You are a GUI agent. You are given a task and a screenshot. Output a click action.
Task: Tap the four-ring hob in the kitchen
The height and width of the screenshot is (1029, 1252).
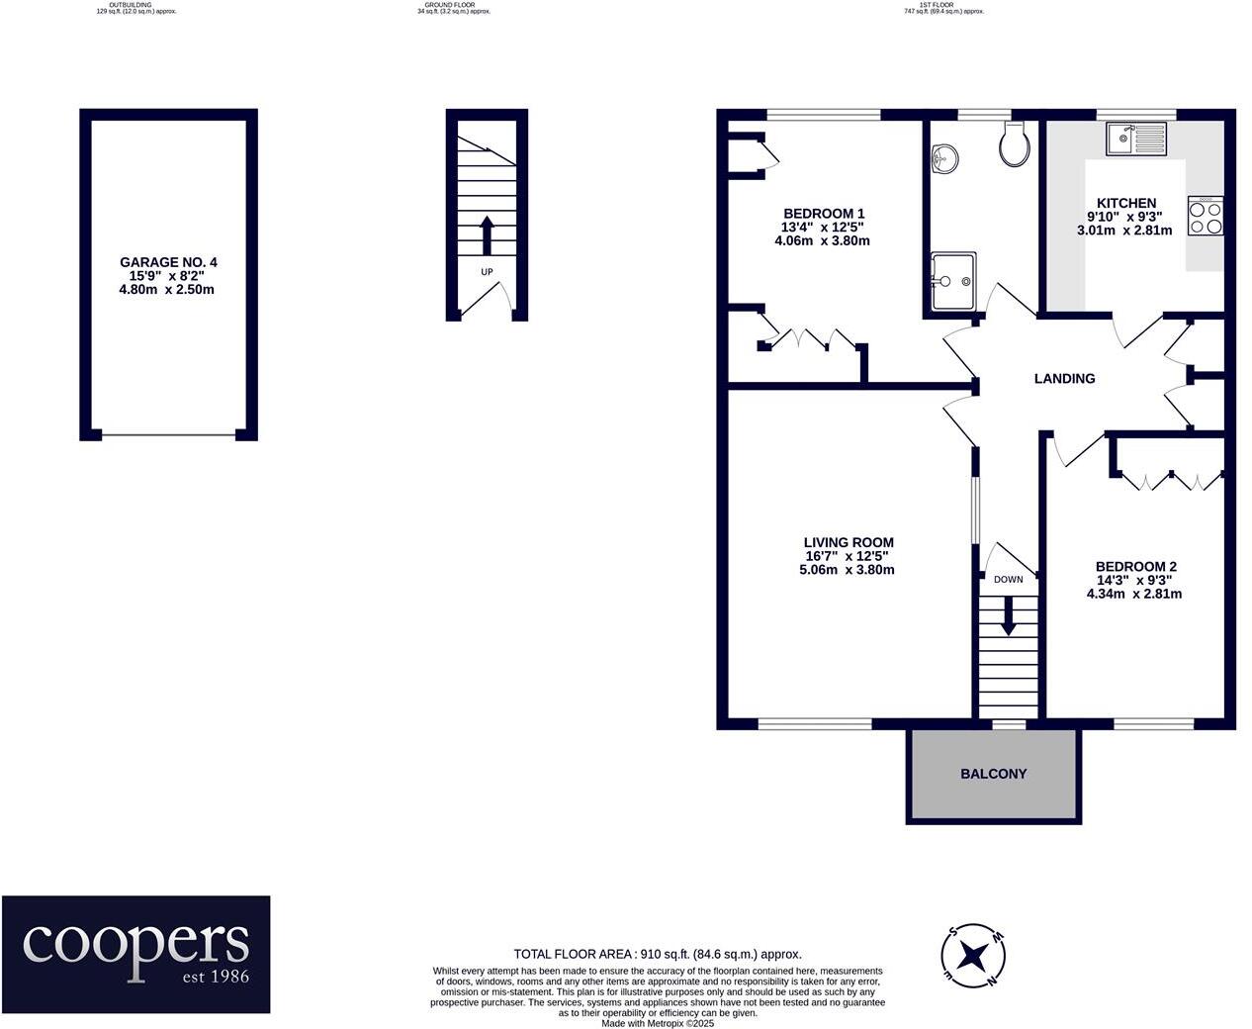(1206, 217)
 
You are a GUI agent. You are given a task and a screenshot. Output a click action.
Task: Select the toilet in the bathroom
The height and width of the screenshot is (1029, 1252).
(1015, 145)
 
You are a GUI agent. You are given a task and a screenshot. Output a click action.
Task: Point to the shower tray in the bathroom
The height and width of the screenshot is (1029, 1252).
(953, 281)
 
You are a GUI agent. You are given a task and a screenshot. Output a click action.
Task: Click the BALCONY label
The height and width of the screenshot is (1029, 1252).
(993, 774)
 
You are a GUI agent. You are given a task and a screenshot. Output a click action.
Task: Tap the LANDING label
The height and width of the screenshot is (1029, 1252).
(1064, 378)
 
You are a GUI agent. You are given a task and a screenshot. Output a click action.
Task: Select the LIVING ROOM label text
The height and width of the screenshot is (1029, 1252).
(848, 542)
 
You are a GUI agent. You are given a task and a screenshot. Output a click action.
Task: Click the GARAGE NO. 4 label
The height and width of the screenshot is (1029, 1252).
(168, 262)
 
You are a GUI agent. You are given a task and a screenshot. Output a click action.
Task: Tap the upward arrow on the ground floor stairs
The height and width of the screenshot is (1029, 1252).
(486, 235)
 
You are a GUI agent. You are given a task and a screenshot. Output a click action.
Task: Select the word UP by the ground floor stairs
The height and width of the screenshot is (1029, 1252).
(487, 272)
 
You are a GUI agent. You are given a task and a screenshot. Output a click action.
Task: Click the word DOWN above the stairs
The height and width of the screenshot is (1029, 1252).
(1008, 580)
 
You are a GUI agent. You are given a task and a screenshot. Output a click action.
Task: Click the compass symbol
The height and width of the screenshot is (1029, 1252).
(973, 956)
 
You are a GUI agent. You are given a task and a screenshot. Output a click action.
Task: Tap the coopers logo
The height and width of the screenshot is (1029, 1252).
(135, 954)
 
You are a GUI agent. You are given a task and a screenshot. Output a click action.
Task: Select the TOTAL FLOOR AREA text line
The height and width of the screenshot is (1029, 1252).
(657, 954)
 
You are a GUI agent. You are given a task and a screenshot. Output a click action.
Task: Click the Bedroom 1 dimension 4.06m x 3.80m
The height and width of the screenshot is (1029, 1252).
(823, 240)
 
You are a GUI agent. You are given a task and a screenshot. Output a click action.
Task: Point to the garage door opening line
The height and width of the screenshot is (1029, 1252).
(168, 434)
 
